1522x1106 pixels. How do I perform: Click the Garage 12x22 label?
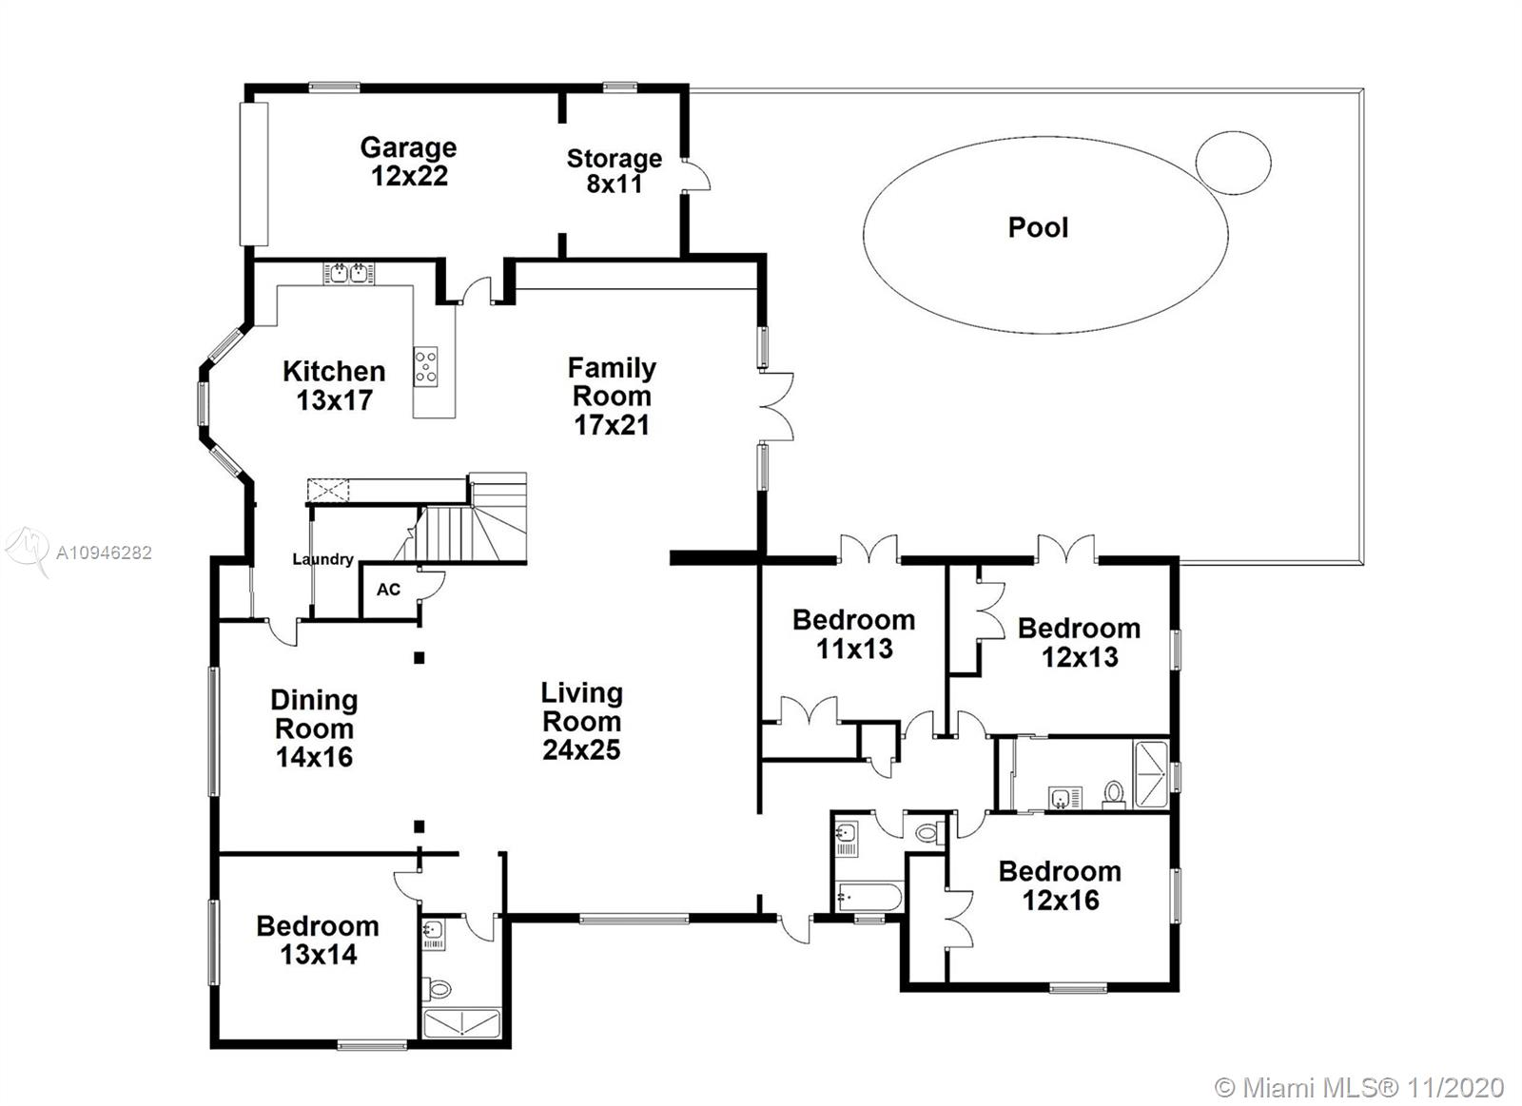408,161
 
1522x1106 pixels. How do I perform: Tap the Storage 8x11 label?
615,170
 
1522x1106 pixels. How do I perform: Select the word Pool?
1038,227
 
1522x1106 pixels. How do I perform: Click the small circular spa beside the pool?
1233,163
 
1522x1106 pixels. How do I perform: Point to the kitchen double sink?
348,273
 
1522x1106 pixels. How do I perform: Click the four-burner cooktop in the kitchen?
426,367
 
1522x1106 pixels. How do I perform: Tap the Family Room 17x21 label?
613,396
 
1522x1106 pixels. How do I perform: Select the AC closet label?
389,590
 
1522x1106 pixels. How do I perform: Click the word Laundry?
322,559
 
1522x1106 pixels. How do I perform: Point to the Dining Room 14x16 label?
315,728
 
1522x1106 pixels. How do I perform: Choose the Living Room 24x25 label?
582,722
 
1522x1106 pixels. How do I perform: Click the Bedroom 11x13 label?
854,634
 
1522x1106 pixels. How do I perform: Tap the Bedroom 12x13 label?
1080,643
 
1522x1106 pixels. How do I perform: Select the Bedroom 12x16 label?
1060,886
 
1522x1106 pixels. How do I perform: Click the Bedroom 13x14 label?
318,941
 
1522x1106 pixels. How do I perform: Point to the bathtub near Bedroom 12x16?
869,898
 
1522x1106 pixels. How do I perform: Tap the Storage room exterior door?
695,175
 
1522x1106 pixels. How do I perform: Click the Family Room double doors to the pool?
776,406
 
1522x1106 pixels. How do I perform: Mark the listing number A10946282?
104,553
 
